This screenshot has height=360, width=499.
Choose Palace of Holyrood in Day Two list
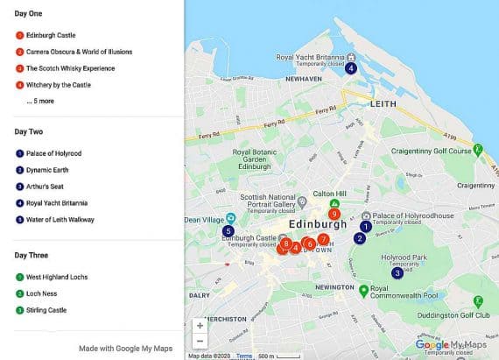[x=53, y=153]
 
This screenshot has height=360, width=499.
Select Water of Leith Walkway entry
[x=60, y=220]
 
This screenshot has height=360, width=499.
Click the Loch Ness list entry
[x=44, y=293]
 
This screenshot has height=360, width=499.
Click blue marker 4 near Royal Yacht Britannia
[x=350, y=68]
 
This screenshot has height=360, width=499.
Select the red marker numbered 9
[x=334, y=214]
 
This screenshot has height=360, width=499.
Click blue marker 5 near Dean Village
[x=228, y=230]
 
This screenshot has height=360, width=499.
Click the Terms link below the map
[x=243, y=356]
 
